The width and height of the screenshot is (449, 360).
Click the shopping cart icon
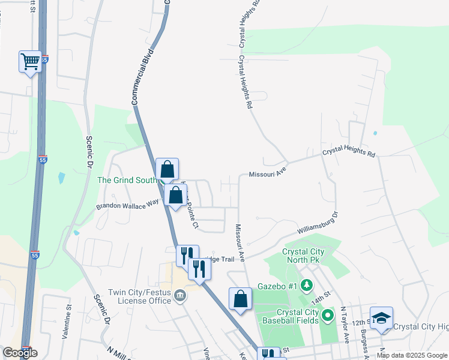point(31,61)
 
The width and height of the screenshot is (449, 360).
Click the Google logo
point(20,353)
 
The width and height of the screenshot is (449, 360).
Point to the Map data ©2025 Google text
point(412,355)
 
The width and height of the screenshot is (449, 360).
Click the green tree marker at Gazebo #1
point(307,284)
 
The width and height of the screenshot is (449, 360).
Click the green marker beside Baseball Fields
point(328,314)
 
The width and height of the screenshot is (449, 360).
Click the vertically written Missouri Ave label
point(240,243)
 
